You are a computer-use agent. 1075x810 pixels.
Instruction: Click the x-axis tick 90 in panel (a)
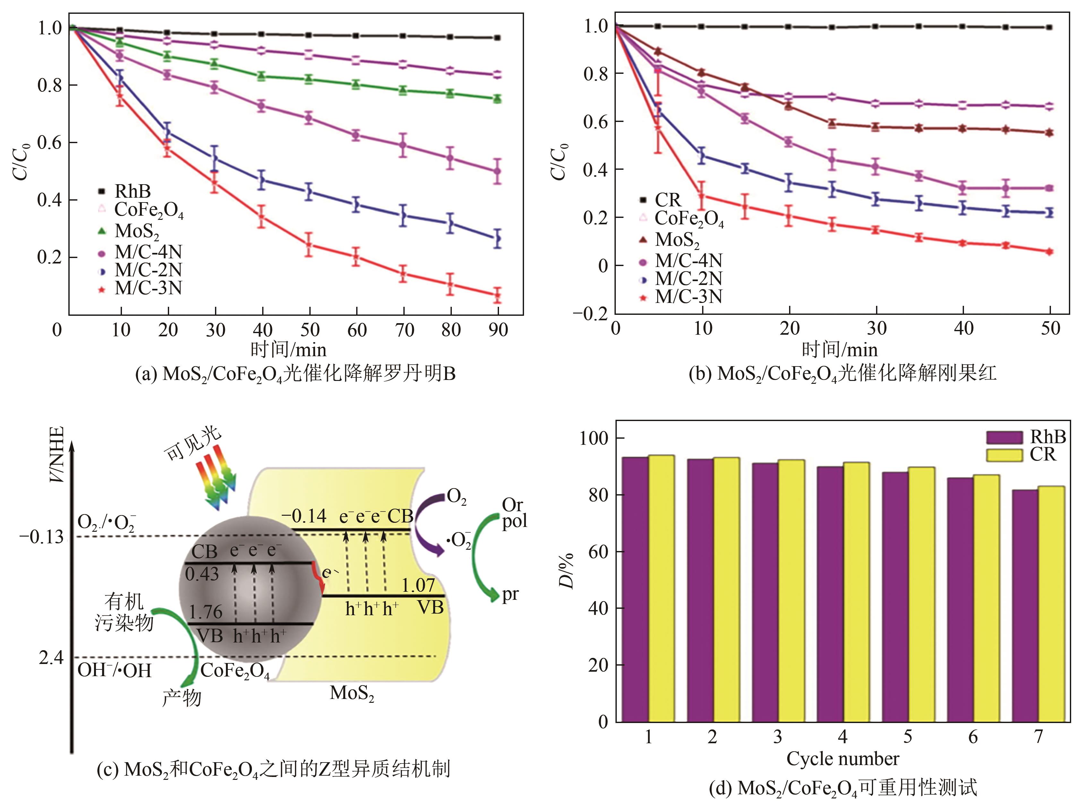coord(498,330)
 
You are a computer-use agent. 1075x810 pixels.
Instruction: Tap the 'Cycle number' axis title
coord(843,759)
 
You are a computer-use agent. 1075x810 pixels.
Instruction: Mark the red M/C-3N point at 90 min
coord(497,295)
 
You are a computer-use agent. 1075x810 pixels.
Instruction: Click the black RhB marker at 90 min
coord(497,38)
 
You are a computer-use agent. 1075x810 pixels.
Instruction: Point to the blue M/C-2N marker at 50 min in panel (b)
coord(1050,212)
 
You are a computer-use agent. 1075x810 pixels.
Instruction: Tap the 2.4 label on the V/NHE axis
coord(51,658)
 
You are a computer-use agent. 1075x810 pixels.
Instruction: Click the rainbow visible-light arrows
coord(215,480)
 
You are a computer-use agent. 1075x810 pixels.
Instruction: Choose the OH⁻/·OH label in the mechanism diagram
coord(115,670)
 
